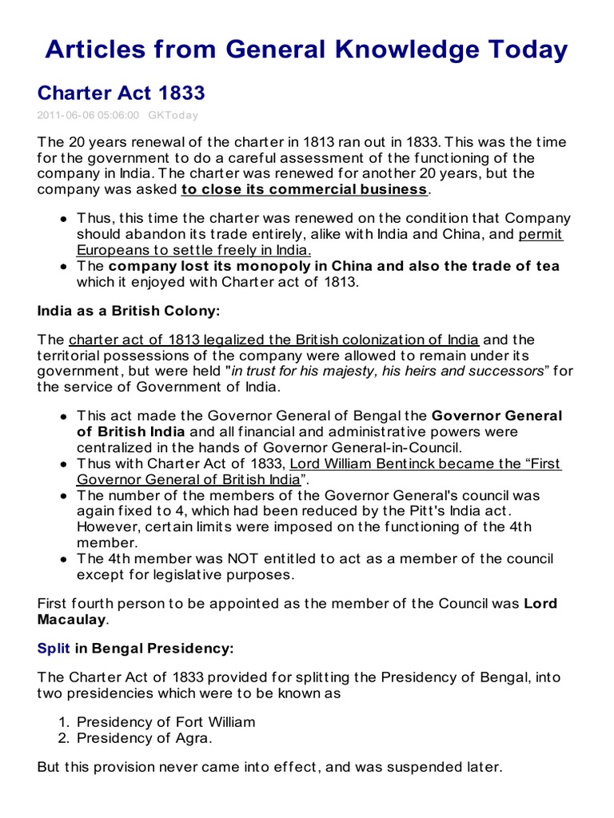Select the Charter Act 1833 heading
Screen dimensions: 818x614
click(x=121, y=93)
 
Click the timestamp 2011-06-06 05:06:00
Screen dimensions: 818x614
click(x=88, y=115)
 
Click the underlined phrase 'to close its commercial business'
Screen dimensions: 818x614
click(x=305, y=189)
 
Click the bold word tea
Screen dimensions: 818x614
click(x=548, y=266)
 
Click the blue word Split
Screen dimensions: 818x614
click(x=54, y=649)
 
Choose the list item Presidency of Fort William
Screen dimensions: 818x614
click(x=166, y=722)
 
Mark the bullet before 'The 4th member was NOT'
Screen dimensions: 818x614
click(x=63, y=559)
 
